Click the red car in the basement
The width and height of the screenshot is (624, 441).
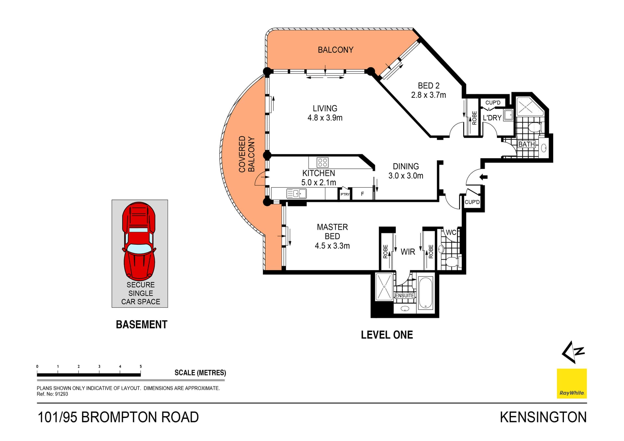point(139,241)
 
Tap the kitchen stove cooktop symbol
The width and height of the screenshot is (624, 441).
point(322,162)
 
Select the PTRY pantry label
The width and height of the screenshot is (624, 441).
point(345,194)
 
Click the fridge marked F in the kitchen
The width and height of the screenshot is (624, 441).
point(362,194)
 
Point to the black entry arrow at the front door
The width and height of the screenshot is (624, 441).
point(484,177)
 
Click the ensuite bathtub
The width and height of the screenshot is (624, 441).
point(425,292)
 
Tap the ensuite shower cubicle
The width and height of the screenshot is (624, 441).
point(384,287)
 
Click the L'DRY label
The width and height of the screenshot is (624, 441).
point(492,118)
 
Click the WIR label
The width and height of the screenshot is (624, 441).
point(408,252)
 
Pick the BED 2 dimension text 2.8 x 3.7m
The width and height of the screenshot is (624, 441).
point(428,95)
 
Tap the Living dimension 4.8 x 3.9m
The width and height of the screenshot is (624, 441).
point(325,118)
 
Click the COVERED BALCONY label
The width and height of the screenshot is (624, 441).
point(246,154)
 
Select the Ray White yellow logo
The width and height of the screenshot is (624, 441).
point(572,383)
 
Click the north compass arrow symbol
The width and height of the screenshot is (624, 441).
point(573,352)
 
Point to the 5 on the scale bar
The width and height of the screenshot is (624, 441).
point(141,366)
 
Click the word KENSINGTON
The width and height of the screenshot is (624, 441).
point(543,417)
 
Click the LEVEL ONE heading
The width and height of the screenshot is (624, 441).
point(387,335)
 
